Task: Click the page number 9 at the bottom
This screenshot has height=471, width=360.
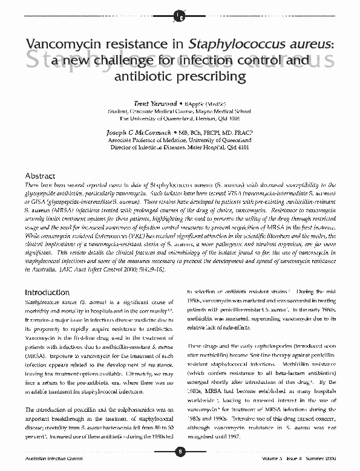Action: pyautogui.click(x=180, y=451)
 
